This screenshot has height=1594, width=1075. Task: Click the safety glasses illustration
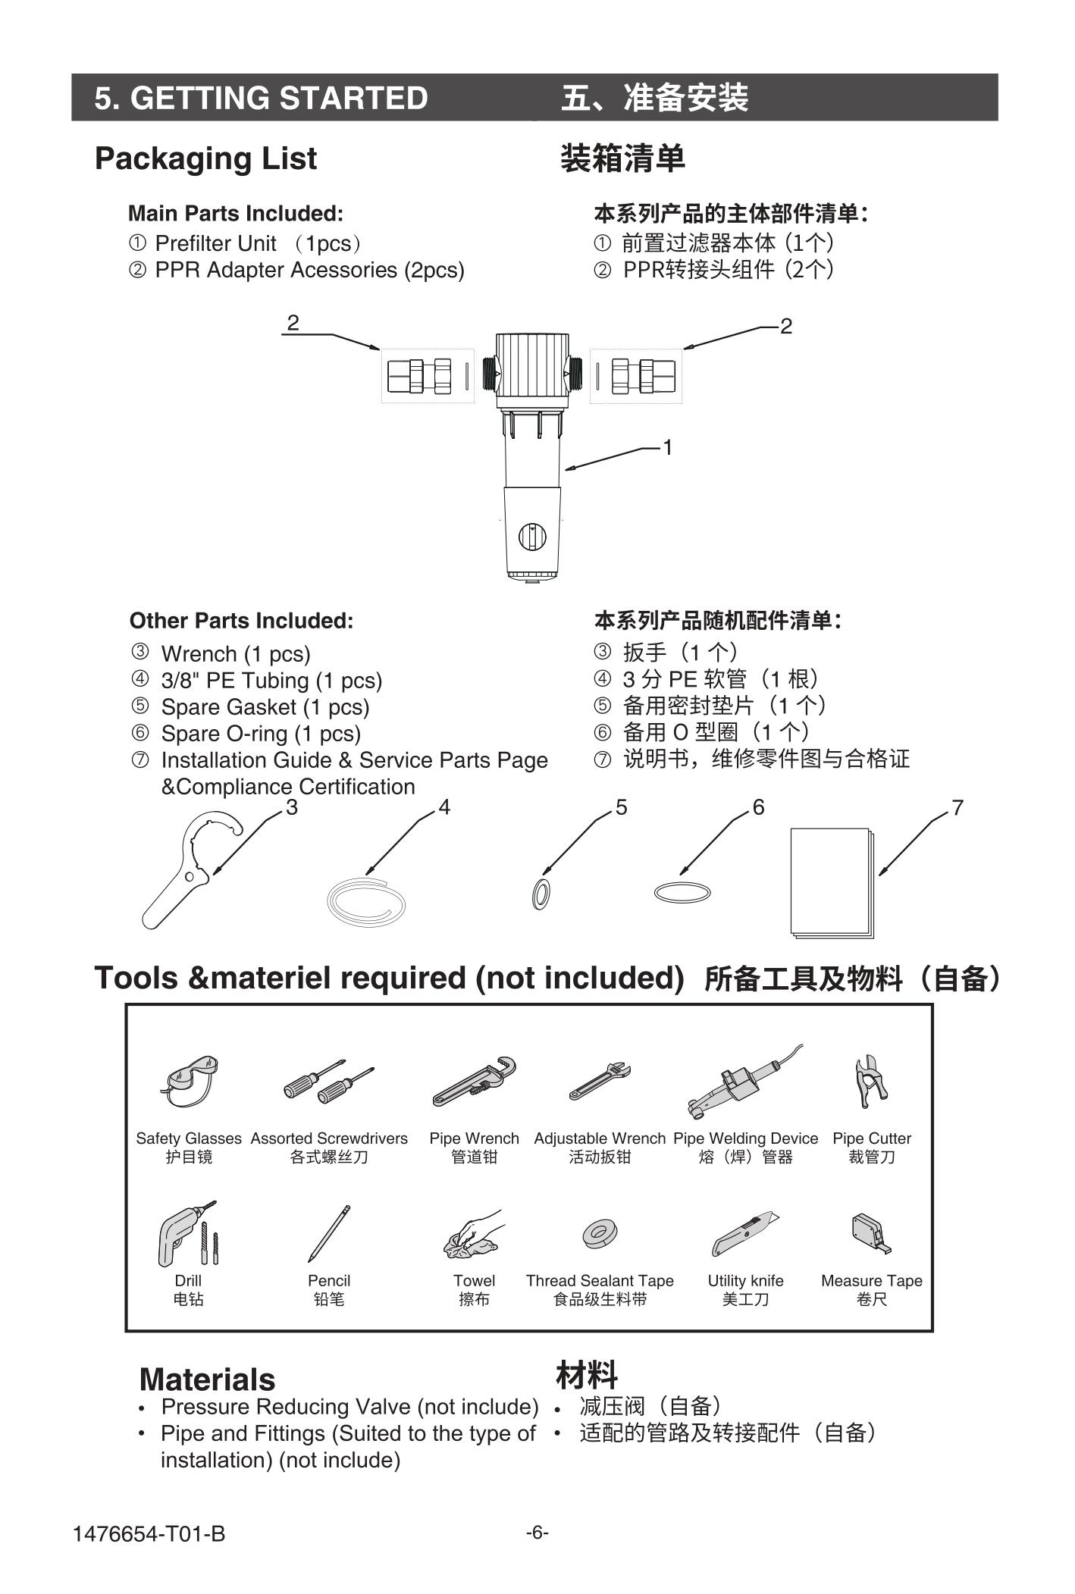(190, 1080)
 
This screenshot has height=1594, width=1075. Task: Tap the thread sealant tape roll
(600, 1234)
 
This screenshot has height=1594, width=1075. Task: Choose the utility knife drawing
(745, 1235)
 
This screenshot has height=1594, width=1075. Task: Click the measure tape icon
(871, 1232)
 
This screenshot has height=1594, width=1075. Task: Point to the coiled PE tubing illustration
(366, 900)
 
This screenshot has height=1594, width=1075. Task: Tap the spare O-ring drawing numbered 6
(682, 892)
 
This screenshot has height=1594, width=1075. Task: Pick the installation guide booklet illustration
(832, 882)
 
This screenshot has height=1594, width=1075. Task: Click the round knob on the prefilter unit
(531, 537)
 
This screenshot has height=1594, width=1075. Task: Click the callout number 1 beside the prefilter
(668, 448)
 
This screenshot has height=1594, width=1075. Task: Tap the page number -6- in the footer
(537, 1532)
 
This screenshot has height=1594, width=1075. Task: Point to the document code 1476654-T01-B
(149, 1534)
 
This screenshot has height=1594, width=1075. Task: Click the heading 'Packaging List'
(205, 158)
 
